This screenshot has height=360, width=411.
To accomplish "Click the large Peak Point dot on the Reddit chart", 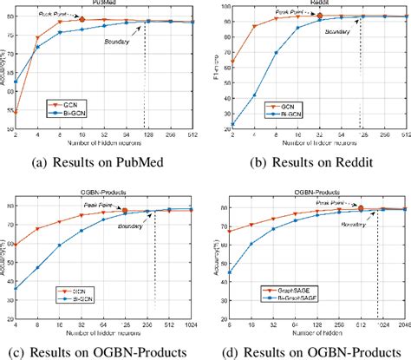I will coord(319,16).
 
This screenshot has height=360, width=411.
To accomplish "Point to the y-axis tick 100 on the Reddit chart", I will coord(224,7).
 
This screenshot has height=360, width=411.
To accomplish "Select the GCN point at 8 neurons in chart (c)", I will coord(39,229).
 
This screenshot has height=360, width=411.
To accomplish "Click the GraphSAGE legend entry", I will coord(271,298).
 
